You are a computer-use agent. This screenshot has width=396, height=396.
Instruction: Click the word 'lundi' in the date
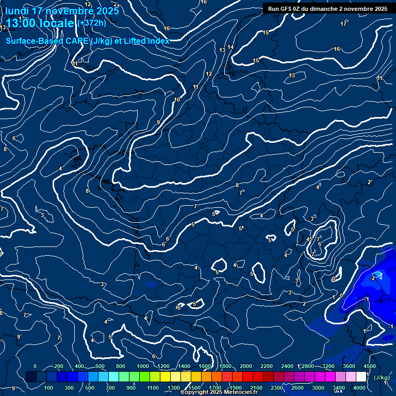17,11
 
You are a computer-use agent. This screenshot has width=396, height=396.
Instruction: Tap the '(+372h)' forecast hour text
92,23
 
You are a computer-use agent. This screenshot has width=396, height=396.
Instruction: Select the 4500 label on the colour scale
369,366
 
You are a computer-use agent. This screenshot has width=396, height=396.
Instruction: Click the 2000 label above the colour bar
246,366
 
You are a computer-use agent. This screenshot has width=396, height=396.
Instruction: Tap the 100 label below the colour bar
49,388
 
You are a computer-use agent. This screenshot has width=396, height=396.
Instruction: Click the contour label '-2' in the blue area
372,277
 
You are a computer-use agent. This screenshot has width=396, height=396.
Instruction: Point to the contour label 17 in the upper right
343,24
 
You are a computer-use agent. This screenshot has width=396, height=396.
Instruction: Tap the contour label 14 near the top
230,47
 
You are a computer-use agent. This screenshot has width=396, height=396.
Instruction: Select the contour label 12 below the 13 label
209,74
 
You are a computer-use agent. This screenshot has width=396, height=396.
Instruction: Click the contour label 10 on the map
177,100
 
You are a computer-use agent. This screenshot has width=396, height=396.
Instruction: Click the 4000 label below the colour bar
359,388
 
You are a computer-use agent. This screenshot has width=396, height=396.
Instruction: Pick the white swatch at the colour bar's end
361,377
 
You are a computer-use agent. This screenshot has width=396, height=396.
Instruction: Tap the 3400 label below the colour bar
339,388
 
